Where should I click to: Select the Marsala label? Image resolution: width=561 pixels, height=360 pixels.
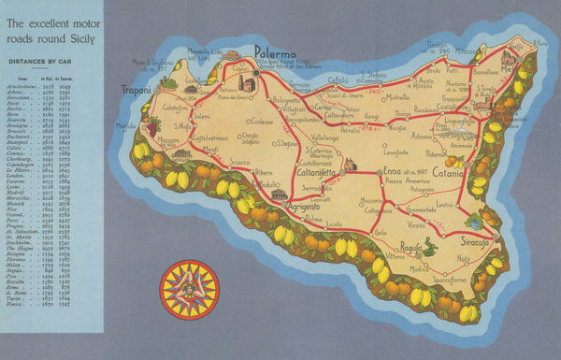126,126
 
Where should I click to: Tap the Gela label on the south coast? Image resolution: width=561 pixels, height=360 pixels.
380,231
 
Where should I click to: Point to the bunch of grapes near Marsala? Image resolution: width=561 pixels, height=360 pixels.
151,126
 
